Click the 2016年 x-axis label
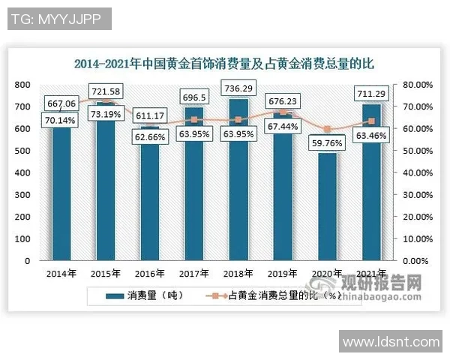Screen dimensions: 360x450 pyautogui.click(x=148, y=274)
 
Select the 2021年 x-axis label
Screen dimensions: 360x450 pyautogui.click(x=370, y=274)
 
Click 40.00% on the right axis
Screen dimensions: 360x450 pyautogui.click(x=414, y=172)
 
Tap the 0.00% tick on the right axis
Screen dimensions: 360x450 pyautogui.click(x=414, y=260)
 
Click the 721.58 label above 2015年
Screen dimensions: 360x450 pyautogui.click(x=105, y=91)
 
